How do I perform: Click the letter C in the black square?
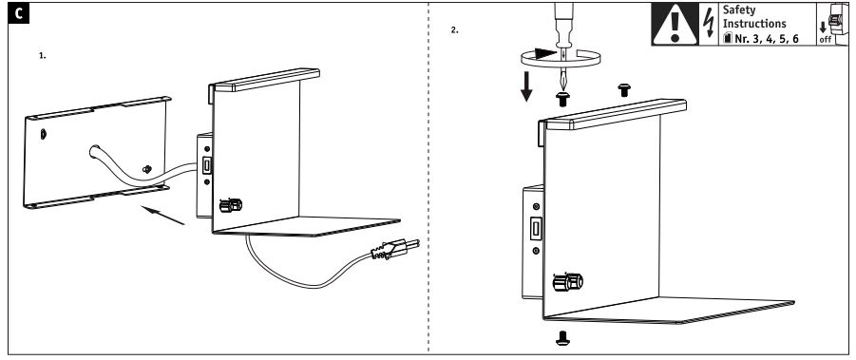[x=19, y=13]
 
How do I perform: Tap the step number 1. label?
[x=43, y=56]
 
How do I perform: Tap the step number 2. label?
[x=455, y=30]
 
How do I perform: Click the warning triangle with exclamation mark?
[x=675, y=25]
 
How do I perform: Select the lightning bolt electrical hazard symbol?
[x=709, y=24]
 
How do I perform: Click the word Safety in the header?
[x=739, y=9]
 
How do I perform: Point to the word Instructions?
[x=754, y=24]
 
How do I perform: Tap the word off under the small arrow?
[x=825, y=40]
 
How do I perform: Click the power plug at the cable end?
[x=395, y=249]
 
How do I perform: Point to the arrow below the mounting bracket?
[x=162, y=215]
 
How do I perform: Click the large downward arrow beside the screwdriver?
[x=526, y=85]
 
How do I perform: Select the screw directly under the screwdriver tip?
[x=562, y=100]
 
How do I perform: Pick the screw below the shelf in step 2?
[x=562, y=338]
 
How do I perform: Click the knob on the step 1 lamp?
[x=230, y=205]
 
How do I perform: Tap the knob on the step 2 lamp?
[x=568, y=282]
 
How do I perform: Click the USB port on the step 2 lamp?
[x=537, y=229]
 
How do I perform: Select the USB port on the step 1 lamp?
[x=207, y=164]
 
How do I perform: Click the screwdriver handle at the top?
[x=562, y=24]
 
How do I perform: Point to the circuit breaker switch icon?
[x=835, y=21]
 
